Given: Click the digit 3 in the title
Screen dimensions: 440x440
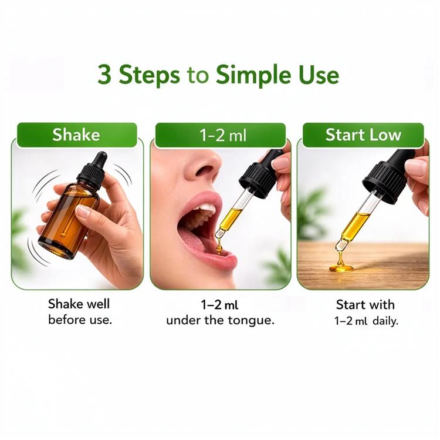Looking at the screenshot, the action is click(x=104, y=75).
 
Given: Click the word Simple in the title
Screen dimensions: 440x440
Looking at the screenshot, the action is click(x=253, y=75).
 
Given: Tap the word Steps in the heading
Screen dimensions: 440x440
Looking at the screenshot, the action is click(x=149, y=75).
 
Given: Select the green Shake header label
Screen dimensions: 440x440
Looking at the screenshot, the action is click(x=77, y=135).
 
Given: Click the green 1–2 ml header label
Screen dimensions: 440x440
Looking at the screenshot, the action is click(x=221, y=135).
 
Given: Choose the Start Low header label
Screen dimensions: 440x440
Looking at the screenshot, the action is click(x=363, y=135).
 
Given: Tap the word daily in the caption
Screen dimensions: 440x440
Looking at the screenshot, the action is click(x=385, y=321).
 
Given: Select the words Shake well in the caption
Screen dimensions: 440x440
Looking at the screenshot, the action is click(x=79, y=304).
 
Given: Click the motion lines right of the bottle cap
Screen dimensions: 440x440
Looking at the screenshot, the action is click(x=123, y=174).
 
